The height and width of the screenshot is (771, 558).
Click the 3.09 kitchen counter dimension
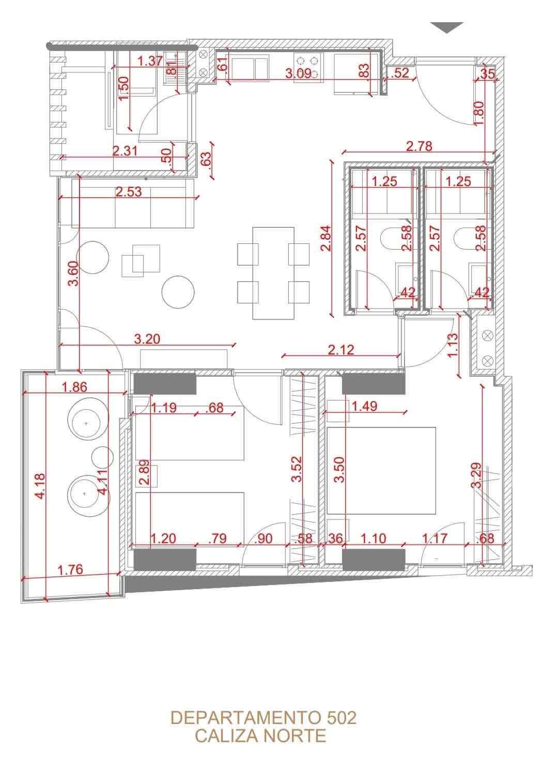[x=299, y=73]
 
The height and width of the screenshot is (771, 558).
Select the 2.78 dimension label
[x=419, y=146]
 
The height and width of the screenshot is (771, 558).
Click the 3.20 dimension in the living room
[x=147, y=339]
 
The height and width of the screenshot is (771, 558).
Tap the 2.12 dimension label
[x=341, y=350]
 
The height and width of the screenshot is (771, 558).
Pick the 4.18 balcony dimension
[x=40, y=486]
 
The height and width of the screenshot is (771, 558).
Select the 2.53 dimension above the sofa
[x=129, y=192]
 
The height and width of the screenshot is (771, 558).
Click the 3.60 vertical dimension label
[x=74, y=274]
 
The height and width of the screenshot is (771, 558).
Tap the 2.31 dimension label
[x=126, y=151]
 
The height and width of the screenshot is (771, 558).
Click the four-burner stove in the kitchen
[x=308, y=68]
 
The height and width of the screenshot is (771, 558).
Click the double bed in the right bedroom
[x=381, y=471]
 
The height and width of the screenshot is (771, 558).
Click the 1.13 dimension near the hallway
[x=454, y=345]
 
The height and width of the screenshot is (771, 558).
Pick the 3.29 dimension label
[x=476, y=475]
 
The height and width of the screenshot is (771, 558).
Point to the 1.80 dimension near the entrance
[x=478, y=113]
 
